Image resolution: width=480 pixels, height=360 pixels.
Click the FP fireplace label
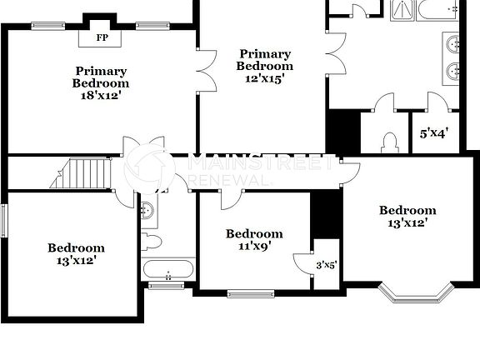102,37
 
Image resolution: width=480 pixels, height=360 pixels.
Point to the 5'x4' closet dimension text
434,132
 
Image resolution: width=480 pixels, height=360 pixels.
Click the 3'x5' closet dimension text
326,266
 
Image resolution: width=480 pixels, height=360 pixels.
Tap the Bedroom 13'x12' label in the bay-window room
407,217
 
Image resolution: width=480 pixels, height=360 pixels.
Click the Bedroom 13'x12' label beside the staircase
76,254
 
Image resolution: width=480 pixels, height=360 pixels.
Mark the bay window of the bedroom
415,293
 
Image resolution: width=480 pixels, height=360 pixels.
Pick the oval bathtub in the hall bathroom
168,270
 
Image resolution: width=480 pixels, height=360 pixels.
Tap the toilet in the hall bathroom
151,242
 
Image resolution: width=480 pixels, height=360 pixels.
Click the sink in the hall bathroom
147,209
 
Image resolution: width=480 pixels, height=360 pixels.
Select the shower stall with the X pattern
403,9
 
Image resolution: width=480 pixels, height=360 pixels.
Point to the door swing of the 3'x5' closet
302,262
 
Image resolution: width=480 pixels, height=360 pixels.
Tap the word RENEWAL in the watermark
230,180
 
